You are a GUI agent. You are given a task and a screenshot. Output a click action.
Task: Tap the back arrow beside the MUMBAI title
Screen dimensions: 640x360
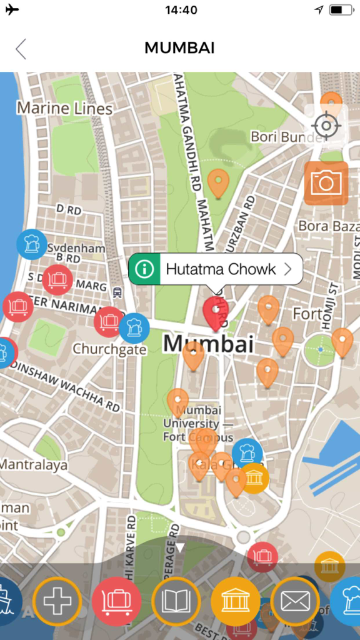point(21,48)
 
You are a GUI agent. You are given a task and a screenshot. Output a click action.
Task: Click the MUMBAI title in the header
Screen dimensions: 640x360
point(180,48)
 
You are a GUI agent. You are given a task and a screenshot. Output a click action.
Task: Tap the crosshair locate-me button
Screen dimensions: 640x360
point(326,126)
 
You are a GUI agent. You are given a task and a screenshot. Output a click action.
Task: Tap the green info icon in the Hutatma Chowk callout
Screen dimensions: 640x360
point(144,269)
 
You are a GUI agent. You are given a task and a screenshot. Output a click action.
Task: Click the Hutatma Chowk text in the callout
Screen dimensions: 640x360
point(221,269)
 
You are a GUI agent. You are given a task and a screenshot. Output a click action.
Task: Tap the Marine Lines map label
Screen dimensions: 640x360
point(64,109)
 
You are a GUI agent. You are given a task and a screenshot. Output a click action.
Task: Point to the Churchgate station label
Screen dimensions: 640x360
point(109,349)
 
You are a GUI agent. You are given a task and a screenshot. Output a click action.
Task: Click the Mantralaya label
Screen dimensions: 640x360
point(33,465)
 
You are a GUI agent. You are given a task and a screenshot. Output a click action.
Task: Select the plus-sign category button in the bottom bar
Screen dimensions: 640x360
point(57,601)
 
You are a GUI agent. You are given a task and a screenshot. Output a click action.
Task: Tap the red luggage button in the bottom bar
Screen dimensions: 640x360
point(116,601)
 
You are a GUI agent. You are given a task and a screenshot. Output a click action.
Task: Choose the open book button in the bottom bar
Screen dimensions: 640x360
point(176,601)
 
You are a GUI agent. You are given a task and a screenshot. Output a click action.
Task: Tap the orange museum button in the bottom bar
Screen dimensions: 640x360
point(235,601)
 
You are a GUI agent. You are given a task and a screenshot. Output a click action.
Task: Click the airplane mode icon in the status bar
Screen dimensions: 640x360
point(12,10)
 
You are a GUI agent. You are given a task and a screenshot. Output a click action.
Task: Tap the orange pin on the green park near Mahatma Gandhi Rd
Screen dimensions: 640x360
point(218,183)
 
